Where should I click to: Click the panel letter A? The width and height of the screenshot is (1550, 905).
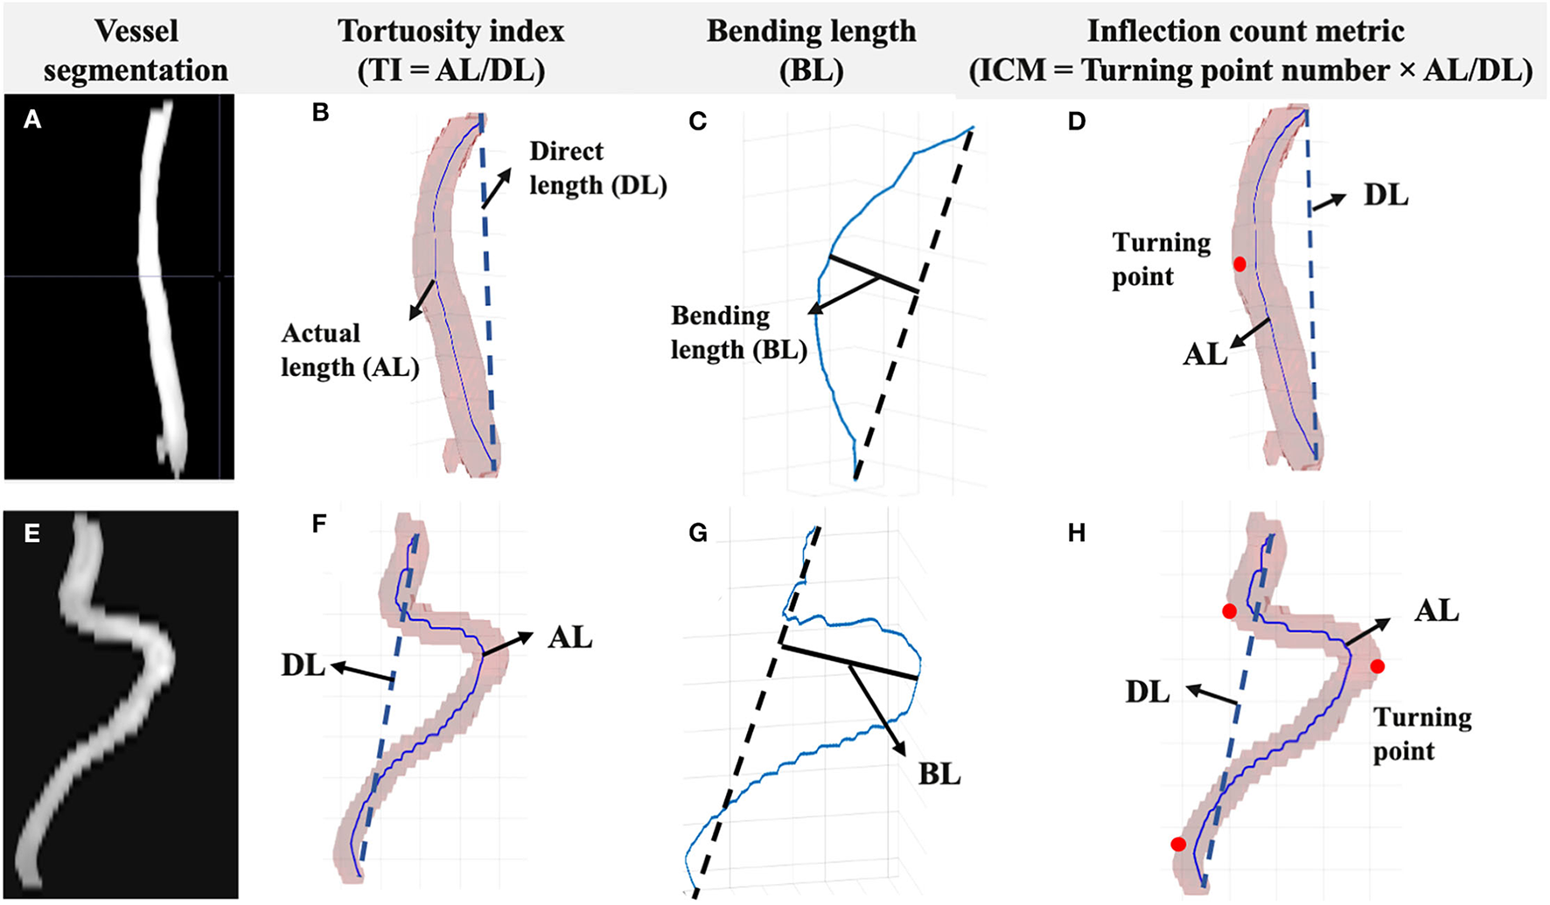coord(32,120)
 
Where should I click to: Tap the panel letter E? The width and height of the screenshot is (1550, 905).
coord(32,533)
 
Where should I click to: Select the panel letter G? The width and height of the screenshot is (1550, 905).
coord(698,533)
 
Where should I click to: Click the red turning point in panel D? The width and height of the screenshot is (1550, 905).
coord(1239,263)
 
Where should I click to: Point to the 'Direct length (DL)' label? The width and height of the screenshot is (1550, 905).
coord(598,168)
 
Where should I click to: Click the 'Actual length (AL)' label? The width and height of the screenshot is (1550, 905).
coord(350,350)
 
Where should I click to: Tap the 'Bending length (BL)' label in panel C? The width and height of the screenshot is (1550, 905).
coord(738,332)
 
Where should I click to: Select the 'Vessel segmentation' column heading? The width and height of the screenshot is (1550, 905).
coord(136,50)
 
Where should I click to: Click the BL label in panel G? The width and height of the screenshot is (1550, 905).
coord(939,774)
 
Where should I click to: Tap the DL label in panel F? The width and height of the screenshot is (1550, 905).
coord(303,665)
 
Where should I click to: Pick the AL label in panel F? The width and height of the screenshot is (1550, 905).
coord(570,637)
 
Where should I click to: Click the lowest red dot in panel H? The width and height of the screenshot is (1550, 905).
coord(1179,844)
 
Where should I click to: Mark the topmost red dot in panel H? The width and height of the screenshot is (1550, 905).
coord(1229,611)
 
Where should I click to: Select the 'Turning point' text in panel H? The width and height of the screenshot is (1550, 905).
coord(1422,734)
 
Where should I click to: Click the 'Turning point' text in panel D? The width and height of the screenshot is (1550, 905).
coord(1162,260)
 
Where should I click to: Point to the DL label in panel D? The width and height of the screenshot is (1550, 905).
coord(1386,195)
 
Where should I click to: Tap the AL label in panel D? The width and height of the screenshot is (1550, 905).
coord(1205,354)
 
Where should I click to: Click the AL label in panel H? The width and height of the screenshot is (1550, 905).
coord(1436,609)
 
